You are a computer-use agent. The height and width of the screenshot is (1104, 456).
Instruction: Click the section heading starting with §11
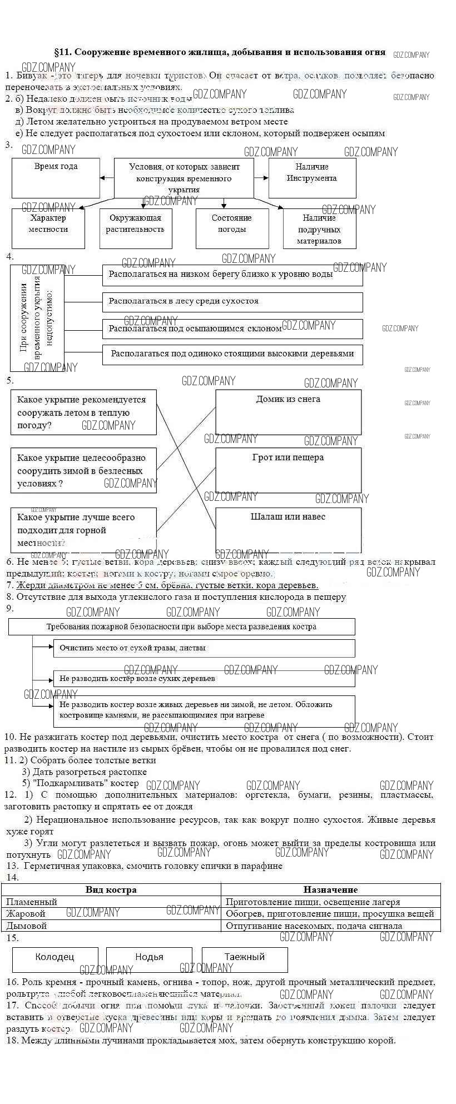point(220,52)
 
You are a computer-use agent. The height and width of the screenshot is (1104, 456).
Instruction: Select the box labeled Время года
point(56,178)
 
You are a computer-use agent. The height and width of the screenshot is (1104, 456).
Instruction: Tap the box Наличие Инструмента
point(312,178)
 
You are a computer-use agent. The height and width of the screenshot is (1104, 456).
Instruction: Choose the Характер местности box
point(48,228)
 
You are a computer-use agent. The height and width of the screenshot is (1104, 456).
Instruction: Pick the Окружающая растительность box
point(135,228)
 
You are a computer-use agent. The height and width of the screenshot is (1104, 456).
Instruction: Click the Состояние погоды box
point(231,228)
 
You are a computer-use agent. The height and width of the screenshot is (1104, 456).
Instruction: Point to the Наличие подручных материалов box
point(319,229)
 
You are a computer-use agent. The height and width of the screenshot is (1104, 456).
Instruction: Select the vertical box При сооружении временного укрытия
point(37,318)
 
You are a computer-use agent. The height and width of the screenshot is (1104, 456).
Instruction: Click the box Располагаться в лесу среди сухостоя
point(232,302)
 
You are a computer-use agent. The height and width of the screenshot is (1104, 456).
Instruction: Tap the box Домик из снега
point(288,412)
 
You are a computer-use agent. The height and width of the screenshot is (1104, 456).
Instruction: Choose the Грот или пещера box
point(288,470)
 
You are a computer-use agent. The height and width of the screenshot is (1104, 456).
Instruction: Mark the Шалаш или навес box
point(288,529)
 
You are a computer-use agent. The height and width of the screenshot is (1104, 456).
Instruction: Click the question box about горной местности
point(83,530)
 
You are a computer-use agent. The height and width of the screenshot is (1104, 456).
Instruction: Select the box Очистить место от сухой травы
point(204,648)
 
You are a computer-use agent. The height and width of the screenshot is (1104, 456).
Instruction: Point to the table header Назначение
point(330,889)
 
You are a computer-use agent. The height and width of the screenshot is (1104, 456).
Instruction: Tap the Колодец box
point(54,957)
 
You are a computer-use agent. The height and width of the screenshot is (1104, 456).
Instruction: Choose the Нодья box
point(149,957)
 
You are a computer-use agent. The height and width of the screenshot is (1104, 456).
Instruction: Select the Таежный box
point(245,957)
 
